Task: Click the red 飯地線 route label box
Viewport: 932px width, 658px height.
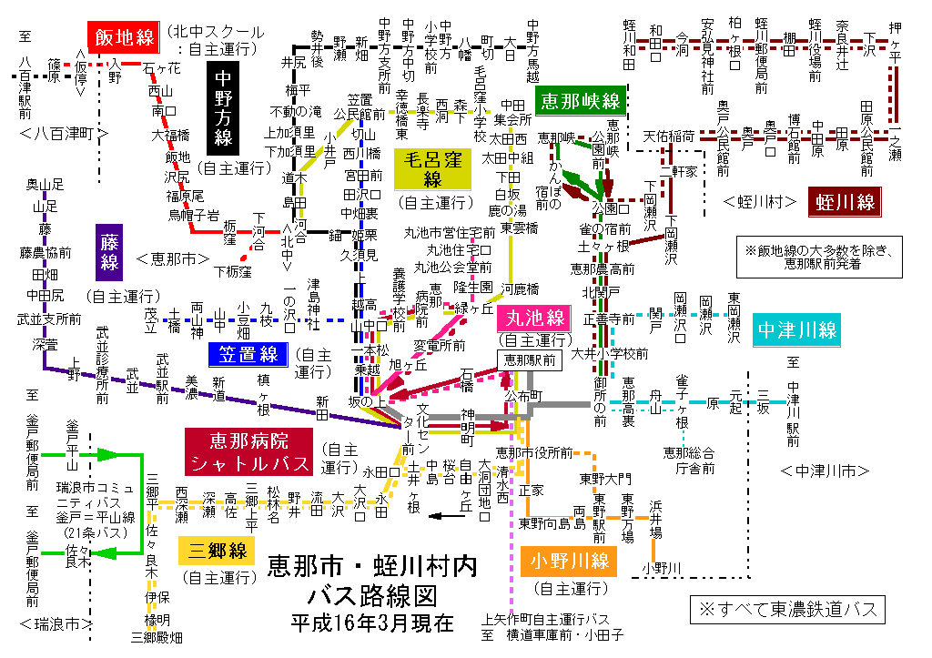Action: point(122,37)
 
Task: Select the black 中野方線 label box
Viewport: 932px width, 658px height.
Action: point(223,108)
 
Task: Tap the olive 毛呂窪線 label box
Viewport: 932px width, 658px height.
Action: point(432,169)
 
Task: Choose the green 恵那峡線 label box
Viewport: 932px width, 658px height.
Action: point(579,101)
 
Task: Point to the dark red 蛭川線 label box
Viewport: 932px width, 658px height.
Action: point(846,201)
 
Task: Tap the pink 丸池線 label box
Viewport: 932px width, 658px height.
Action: point(532,319)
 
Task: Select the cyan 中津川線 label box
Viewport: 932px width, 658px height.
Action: point(795,329)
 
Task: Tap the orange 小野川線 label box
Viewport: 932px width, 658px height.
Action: point(570,561)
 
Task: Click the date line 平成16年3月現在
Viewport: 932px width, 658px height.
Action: point(372,623)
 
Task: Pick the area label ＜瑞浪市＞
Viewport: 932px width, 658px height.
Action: point(56,624)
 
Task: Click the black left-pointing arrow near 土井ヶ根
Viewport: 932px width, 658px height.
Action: point(447,516)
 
